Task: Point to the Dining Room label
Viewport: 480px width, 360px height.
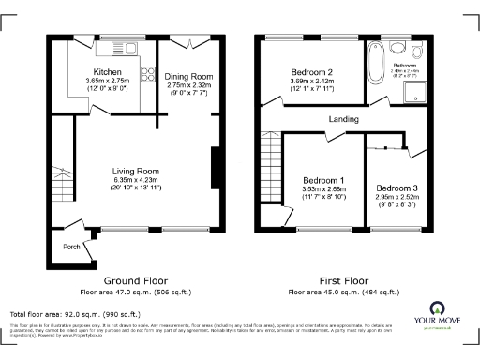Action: [x=189, y=76]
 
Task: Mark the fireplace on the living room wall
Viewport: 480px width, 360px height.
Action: [x=217, y=169]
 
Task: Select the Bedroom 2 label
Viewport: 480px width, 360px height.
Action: [x=310, y=72]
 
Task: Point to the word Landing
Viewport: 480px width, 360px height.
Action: [x=343, y=119]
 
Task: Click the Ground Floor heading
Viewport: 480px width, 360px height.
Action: [x=135, y=279]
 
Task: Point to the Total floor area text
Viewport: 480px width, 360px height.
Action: [x=75, y=314]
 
